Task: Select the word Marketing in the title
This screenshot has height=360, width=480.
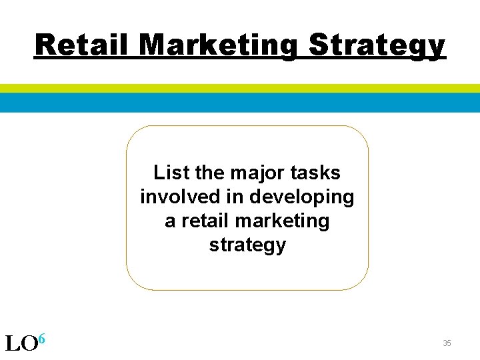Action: [220, 45]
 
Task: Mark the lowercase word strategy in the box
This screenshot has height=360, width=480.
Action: [247, 245]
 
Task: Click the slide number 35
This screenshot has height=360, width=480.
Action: [447, 343]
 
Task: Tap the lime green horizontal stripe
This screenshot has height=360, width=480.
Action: [240, 88]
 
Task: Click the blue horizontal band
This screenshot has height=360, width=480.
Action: [240, 102]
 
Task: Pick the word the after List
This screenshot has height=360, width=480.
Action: [210, 173]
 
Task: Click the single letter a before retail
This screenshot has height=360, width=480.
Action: [170, 221]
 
